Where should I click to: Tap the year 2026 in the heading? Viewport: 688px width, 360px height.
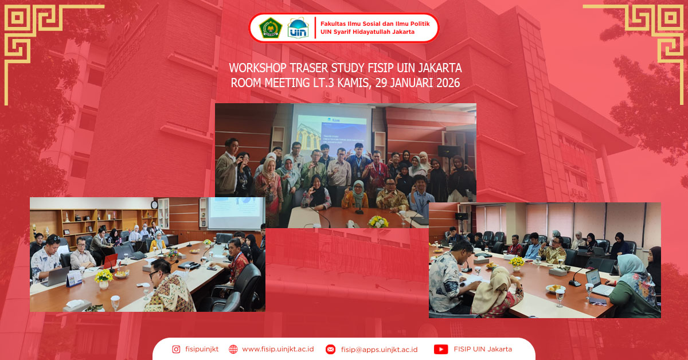(444, 83)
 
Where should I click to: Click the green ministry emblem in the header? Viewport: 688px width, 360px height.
(271, 28)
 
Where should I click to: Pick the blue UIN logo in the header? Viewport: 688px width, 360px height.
(298, 28)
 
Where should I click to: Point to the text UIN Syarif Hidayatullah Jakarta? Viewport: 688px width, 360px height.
(368, 32)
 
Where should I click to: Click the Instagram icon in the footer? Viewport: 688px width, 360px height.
(177, 349)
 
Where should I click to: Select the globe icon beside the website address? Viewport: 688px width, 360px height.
(233, 349)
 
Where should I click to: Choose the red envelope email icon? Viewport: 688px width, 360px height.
(330, 349)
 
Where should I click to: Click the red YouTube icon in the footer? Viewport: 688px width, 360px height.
(440, 349)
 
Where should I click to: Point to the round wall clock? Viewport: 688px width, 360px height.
(154, 205)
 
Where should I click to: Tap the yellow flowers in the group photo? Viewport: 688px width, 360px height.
(377, 221)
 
